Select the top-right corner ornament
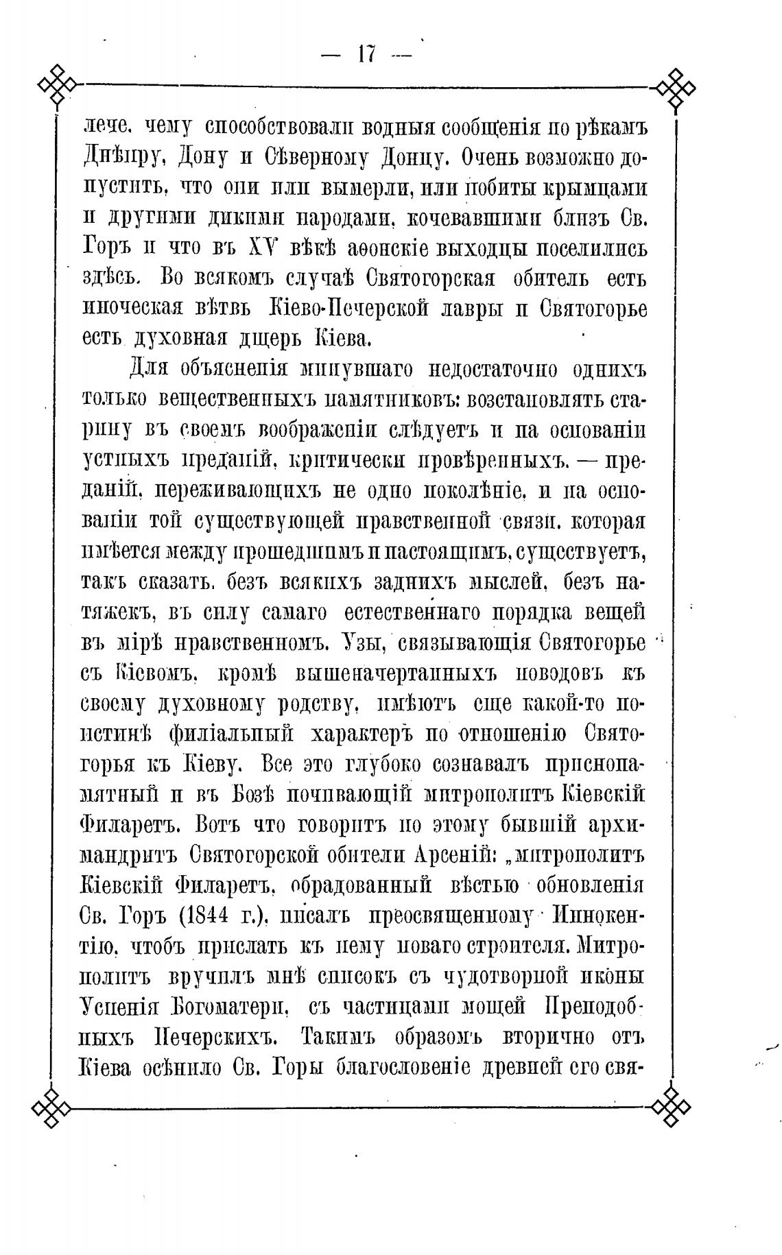tap(675, 87)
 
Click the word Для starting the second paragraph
tap(150, 370)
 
